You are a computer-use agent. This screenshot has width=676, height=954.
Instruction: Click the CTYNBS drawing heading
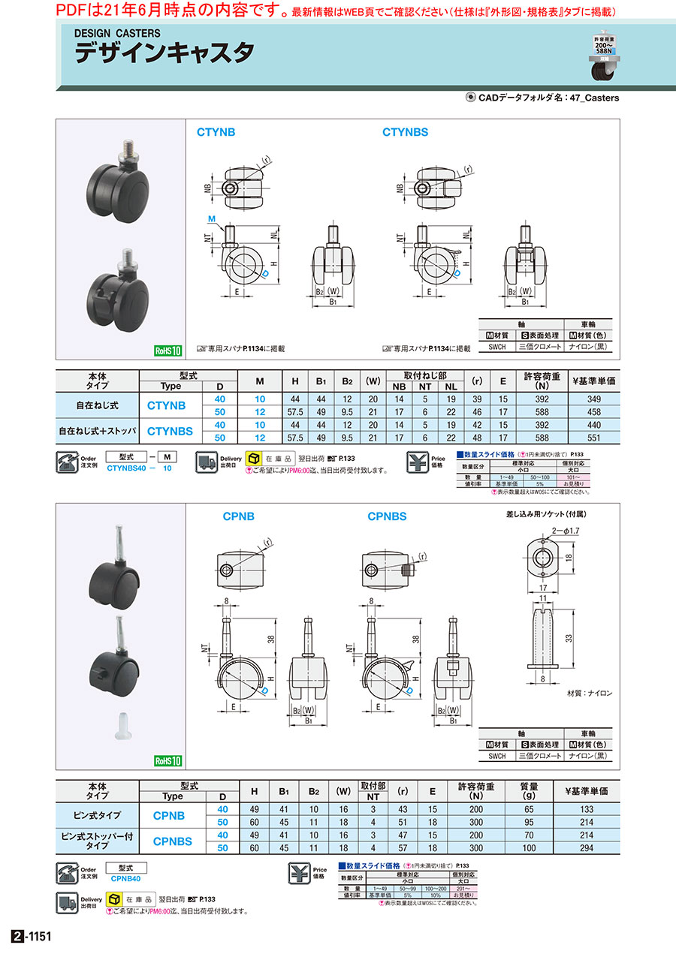[x=405, y=132]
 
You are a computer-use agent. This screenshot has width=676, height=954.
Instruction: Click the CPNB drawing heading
[x=238, y=516]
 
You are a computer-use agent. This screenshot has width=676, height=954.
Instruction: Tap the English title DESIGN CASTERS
[x=117, y=34]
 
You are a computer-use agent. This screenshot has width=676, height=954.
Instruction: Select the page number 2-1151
[x=30, y=937]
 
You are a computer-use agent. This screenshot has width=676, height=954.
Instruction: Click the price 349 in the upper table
[x=593, y=397]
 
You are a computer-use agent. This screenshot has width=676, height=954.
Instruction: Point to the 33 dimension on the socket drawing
[x=569, y=639]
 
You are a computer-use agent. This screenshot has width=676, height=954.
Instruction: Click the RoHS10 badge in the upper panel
[x=168, y=351]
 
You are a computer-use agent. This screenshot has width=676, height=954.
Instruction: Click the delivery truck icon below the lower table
[x=68, y=901]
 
